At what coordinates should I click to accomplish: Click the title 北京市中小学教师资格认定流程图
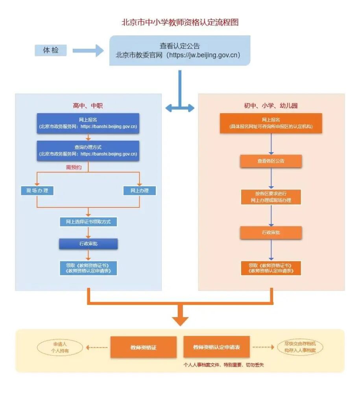click(180, 22)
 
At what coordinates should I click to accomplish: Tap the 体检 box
click(50, 50)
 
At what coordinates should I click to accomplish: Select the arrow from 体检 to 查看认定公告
click(88, 50)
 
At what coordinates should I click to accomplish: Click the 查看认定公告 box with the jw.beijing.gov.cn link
click(180, 50)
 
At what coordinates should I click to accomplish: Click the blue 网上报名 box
click(88, 123)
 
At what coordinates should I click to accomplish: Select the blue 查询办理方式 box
click(88, 151)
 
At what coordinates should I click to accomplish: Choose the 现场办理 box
click(37, 191)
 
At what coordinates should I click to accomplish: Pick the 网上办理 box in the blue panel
click(139, 191)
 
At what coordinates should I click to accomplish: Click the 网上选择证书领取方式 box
click(88, 222)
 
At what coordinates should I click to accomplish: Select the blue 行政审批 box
click(88, 244)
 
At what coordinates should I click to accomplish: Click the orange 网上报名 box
click(271, 123)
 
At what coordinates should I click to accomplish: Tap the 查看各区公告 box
click(271, 161)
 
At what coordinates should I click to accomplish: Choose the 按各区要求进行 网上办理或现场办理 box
click(271, 197)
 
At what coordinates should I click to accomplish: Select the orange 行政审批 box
click(271, 233)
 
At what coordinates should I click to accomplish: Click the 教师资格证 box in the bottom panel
click(143, 347)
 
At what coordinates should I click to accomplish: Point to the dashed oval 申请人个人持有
click(60, 347)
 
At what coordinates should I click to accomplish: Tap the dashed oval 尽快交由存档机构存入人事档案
click(300, 347)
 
